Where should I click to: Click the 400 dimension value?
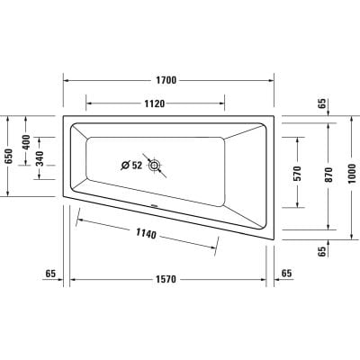(x=26, y=141)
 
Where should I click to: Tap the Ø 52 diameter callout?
(x=131, y=166)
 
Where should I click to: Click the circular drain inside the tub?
(x=156, y=166)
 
